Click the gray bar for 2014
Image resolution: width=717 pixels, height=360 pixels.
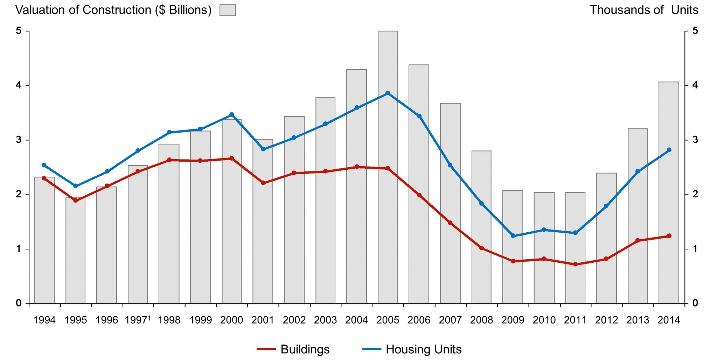click(669, 192)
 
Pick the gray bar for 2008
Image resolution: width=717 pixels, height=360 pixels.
click(481, 227)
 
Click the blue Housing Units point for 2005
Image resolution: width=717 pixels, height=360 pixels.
click(388, 93)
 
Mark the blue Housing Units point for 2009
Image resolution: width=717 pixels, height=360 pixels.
click(513, 236)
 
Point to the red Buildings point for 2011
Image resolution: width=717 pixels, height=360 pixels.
click(575, 264)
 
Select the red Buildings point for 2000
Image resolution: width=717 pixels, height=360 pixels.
click(231, 158)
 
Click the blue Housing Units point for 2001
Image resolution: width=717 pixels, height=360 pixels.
click(263, 149)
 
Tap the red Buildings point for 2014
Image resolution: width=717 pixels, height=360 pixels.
click(669, 236)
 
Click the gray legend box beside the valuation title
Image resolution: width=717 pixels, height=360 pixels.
click(228, 10)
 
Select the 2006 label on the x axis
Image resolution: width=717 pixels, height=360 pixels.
click(419, 320)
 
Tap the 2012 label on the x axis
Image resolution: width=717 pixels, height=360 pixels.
click(606, 320)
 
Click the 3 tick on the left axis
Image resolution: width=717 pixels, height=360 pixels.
click(19, 140)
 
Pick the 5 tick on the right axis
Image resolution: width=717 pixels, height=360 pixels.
click(695, 31)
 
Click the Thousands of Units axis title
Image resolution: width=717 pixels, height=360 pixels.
click(644, 10)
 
